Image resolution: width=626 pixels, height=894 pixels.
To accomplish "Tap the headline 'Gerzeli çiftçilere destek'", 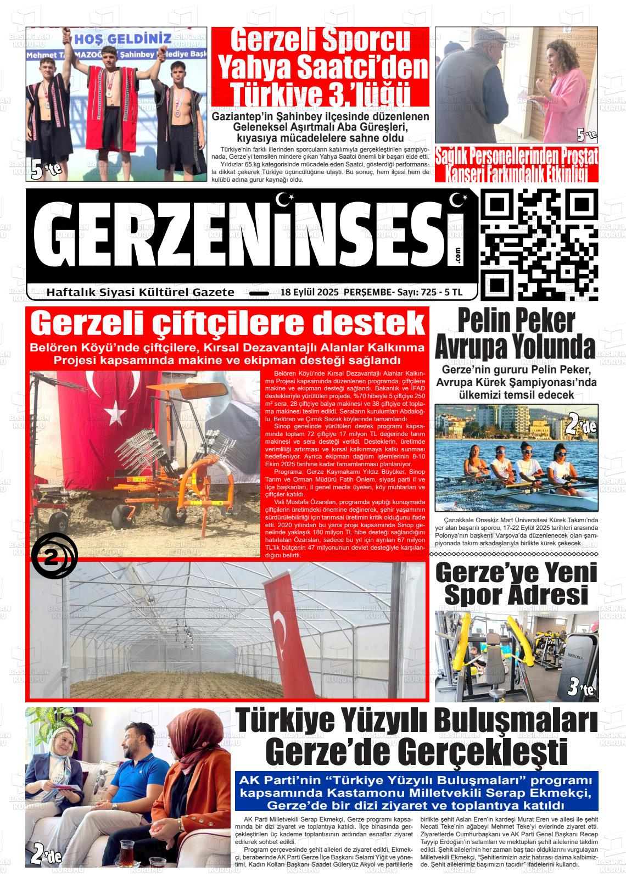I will pyautogui.click(x=228, y=323).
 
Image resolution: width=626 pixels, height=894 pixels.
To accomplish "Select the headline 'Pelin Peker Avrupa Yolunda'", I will pyautogui.click(x=516, y=333).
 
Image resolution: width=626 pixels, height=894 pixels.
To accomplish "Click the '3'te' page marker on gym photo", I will pyautogui.click(x=580, y=686).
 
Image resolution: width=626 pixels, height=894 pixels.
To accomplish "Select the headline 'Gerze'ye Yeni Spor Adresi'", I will pyautogui.click(x=516, y=583).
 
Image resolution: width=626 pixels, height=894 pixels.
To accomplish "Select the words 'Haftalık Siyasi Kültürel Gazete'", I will pyautogui.click(x=141, y=292).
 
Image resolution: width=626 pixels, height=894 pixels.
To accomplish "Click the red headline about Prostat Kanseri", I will pyautogui.click(x=516, y=164).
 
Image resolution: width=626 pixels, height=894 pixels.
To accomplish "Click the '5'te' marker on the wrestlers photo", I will pyautogui.click(x=46, y=169).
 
